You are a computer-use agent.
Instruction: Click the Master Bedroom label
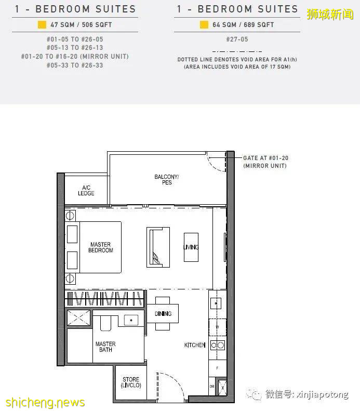click(101, 247)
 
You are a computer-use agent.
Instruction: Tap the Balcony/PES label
click(167, 180)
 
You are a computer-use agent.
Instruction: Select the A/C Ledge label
click(86, 191)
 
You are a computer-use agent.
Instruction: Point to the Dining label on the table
click(163, 313)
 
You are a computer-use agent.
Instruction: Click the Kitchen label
click(195, 345)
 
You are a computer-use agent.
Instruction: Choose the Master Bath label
click(105, 347)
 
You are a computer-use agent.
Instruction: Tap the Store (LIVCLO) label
click(131, 382)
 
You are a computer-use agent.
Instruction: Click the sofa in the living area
click(158, 247)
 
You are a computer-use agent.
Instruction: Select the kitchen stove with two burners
click(218, 345)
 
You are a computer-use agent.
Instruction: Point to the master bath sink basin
click(131, 320)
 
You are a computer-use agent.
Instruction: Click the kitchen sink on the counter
click(216, 303)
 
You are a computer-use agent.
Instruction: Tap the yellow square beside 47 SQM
click(42, 24)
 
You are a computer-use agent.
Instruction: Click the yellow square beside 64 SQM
click(204, 24)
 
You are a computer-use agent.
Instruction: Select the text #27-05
click(237, 39)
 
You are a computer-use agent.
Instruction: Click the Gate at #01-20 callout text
click(265, 162)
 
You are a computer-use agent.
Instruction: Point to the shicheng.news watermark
click(45, 402)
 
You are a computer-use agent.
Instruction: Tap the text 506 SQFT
click(97, 25)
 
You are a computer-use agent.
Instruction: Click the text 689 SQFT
click(259, 25)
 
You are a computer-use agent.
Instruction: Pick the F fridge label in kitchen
click(217, 368)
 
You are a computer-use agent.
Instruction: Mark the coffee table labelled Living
click(191, 247)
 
